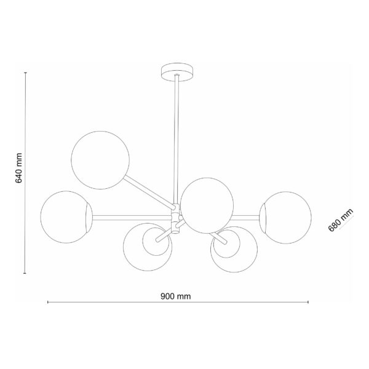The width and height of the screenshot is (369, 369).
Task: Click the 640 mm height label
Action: [x=18, y=167]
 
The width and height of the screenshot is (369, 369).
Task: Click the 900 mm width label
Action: [x=175, y=296]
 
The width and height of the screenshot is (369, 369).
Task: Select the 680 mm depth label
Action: [x=341, y=220]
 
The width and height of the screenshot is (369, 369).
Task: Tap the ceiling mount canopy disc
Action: [x=177, y=72]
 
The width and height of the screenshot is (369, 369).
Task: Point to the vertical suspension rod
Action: [x=176, y=140]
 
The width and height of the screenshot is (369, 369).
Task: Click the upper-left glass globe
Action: [x=100, y=160]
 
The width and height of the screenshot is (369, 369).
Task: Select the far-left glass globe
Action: [x=66, y=216]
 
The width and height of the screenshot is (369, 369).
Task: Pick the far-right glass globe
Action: [x=285, y=218]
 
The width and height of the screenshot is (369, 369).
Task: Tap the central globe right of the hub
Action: [x=207, y=205]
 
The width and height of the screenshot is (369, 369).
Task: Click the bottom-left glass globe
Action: [x=148, y=247]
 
